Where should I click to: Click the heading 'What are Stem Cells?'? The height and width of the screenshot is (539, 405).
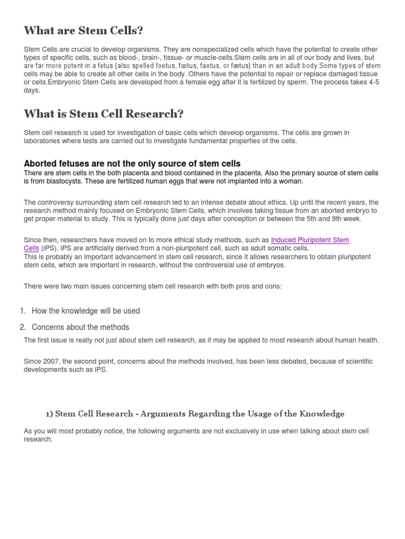tap(83, 31)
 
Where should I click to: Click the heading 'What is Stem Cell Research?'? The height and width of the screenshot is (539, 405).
tap(103, 114)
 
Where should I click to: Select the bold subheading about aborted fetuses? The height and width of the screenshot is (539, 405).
tap(132, 164)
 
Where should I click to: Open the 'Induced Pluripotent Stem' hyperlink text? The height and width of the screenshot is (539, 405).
tap(310, 240)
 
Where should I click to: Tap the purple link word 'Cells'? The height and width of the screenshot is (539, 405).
tap(32, 248)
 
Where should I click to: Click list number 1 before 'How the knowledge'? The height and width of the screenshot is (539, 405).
tap(23, 311)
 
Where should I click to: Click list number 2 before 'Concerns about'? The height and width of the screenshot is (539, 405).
tap(23, 327)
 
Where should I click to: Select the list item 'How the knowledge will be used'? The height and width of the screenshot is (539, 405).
tap(85, 311)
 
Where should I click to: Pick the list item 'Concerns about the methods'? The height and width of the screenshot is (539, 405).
tap(80, 327)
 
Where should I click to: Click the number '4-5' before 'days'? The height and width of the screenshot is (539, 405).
tap(372, 83)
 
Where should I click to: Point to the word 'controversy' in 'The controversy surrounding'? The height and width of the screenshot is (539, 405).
tap(57, 203)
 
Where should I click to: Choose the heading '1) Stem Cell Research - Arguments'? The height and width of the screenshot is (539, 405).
tap(195, 414)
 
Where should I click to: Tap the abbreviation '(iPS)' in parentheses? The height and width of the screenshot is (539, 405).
tap(50, 248)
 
